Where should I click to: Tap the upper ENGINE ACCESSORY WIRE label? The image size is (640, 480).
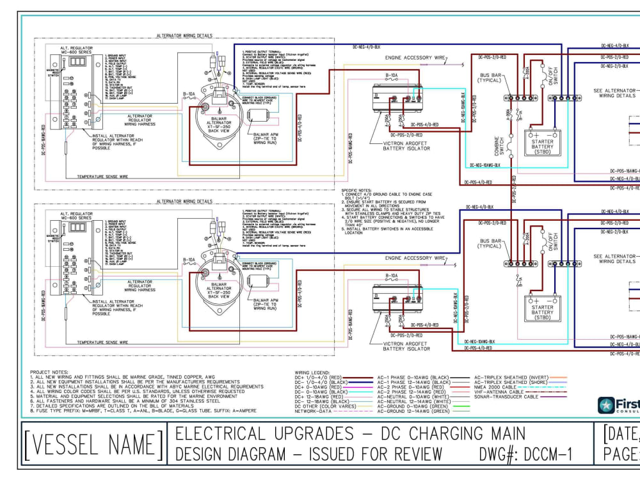416,58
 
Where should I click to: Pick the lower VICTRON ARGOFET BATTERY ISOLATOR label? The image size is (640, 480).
406,346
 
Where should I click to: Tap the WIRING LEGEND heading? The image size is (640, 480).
312,372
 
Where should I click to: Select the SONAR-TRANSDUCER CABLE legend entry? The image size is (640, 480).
506,396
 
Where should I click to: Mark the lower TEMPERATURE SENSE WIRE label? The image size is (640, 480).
102,342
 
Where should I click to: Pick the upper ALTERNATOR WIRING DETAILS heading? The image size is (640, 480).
184,36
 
